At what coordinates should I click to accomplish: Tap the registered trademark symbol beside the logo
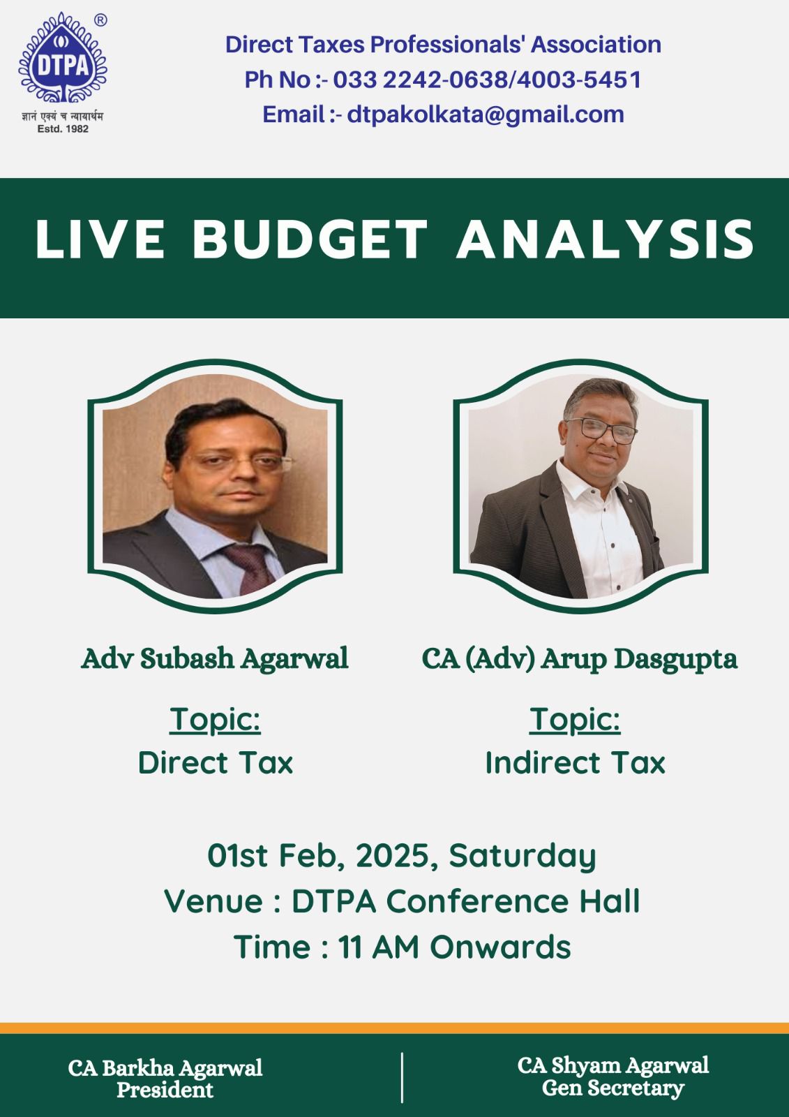[x=100, y=20]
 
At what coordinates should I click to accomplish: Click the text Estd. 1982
[x=63, y=128]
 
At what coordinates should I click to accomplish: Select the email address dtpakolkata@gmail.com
[x=486, y=114]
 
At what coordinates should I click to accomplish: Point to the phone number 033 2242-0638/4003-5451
[x=487, y=80]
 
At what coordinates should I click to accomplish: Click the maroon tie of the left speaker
[x=250, y=568]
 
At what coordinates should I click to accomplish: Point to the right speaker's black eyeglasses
[x=602, y=430]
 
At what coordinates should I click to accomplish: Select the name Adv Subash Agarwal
[x=215, y=658]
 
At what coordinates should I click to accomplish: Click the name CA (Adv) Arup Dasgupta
[x=579, y=659]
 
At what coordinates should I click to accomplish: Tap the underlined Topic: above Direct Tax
[x=215, y=720]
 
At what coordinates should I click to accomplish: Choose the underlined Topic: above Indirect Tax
[x=575, y=720]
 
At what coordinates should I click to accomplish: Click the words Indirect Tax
[x=575, y=763]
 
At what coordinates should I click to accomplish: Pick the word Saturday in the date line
[x=523, y=856]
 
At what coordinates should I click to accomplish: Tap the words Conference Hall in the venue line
[x=513, y=901]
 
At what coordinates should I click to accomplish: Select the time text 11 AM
[x=379, y=947]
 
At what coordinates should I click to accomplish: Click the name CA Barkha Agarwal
[x=165, y=1068]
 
